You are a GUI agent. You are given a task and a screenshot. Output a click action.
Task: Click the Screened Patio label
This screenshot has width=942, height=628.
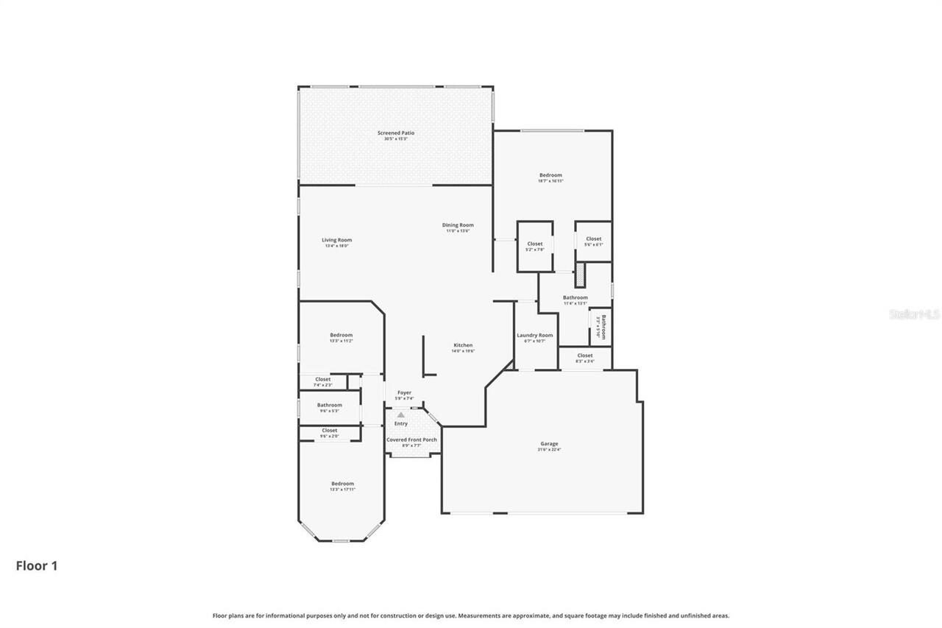[396, 133]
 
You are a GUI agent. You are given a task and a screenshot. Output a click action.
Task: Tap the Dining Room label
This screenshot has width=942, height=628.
[458, 225]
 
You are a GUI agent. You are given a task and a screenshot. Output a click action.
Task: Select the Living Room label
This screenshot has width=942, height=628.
[336, 240]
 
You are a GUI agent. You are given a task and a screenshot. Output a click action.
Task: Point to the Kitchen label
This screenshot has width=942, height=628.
[463, 345]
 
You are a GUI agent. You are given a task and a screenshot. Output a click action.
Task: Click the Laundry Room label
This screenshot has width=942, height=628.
[534, 336]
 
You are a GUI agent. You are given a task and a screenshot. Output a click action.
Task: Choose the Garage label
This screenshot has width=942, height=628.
[549, 444]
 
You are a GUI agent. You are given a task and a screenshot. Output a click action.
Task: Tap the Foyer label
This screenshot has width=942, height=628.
[404, 393]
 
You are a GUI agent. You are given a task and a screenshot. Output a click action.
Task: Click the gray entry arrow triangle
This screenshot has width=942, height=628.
[401, 415]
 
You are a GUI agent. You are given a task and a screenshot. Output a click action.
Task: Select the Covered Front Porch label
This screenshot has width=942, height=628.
[411, 440]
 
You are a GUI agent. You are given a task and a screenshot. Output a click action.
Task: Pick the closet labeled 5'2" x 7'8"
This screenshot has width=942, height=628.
[535, 244]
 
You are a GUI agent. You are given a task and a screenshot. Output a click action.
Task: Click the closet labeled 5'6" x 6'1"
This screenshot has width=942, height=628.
[593, 239]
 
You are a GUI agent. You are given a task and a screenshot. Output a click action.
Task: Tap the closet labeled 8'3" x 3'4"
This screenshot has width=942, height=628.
[585, 356]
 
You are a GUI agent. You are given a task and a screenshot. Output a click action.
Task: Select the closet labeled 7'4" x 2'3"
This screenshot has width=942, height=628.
[323, 380]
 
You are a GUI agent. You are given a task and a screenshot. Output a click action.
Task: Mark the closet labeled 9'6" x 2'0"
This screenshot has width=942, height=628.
[329, 431]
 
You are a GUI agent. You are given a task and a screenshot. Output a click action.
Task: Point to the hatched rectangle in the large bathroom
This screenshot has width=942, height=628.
[580, 276]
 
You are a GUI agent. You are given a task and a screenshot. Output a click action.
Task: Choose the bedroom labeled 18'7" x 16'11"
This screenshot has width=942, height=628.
[550, 175]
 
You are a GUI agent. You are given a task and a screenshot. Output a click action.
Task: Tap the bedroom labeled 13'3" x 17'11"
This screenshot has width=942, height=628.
[342, 484]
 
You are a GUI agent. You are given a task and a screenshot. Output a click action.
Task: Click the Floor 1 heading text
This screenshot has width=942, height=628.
[37, 566]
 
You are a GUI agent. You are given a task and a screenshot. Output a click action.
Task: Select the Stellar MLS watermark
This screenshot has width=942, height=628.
[914, 314]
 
